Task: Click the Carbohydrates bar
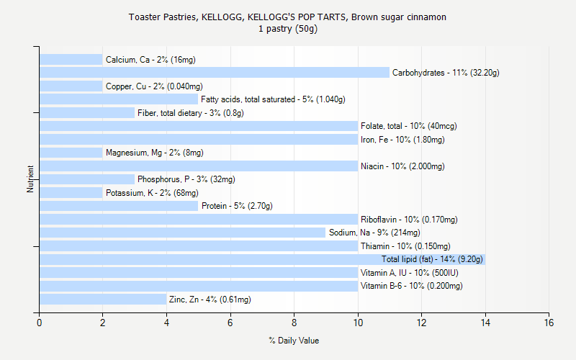[x=214, y=73]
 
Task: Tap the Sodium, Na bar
[x=182, y=233]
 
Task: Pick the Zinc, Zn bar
[x=103, y=300]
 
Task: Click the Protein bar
[x=119, y=206]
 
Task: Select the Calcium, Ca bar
[x=71, y=60]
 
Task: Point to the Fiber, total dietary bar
[x=87, y=113]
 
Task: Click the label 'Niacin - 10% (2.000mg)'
[x=402, y=166]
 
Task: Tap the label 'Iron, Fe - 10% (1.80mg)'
[x=402, y=140]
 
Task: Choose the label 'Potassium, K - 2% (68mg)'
[x=152, y=193]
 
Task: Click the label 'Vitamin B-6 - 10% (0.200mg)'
[x=411, y=286]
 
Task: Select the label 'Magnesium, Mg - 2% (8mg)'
[x=154, y=153]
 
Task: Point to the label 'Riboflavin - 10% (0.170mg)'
[x=409, y=220]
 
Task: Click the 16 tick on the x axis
[x=549, y=323]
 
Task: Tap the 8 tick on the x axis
[x=294, y=323]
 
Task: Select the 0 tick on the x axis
[x=40, y=323]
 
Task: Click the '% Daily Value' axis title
[x=294, y=341]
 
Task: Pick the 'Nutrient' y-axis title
[x=31, y=179]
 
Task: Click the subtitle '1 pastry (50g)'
[x=288, y=30]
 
